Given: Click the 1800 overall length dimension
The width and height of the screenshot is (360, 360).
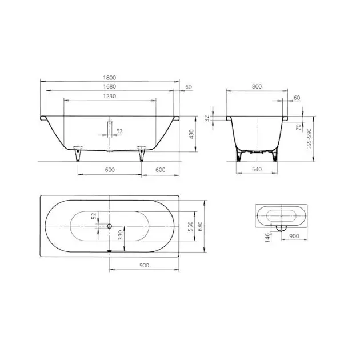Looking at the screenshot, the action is tap(110, 78).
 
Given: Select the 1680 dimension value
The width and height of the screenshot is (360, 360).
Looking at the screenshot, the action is tap(110, 86).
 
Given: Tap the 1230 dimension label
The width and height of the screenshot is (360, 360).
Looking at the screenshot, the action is tap(110, 96).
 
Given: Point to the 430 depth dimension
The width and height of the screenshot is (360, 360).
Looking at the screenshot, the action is tap(191, 134).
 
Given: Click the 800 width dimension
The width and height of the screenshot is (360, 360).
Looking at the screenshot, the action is tap(257, 86).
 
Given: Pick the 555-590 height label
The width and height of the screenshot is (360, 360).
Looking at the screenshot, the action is tap(309, 139).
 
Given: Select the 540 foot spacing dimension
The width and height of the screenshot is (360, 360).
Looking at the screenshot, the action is tap(257, 169).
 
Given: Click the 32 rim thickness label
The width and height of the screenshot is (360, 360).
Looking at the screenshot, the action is tap(207, 118).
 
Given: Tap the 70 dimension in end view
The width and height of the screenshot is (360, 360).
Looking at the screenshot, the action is tap(298, 127).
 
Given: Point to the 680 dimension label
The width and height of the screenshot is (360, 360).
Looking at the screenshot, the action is tap(200, 226).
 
